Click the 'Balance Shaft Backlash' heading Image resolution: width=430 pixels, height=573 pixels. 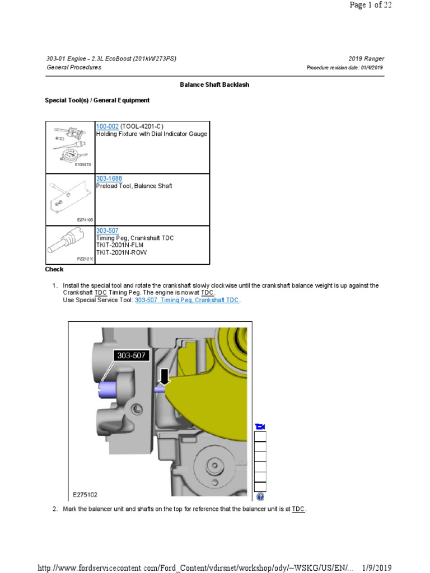pyautogui.click(x=214, y=84)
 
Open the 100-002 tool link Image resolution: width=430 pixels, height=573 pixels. pyautogui.click(x=107, y=127)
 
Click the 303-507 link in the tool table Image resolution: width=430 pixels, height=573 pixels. pyautogui.click(x=107, y=231)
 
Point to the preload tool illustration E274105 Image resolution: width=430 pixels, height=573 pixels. pyautogui.click(x=71, y=199)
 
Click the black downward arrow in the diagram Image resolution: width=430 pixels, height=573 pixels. pyautogui.click(x=164, y=377)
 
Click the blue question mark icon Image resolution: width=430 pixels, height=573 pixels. pyautogui.click(x=260, y=496)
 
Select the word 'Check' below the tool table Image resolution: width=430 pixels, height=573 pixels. pyautogui.click(x=54, y=269)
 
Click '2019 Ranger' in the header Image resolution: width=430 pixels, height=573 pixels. pyautogui.click(x=366, y=59)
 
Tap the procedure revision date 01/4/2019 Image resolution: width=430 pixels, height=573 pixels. pyautogui.click(x=370, y=68)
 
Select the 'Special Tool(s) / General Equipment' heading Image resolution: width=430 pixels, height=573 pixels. pyautogui.click(x=97, y=100)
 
